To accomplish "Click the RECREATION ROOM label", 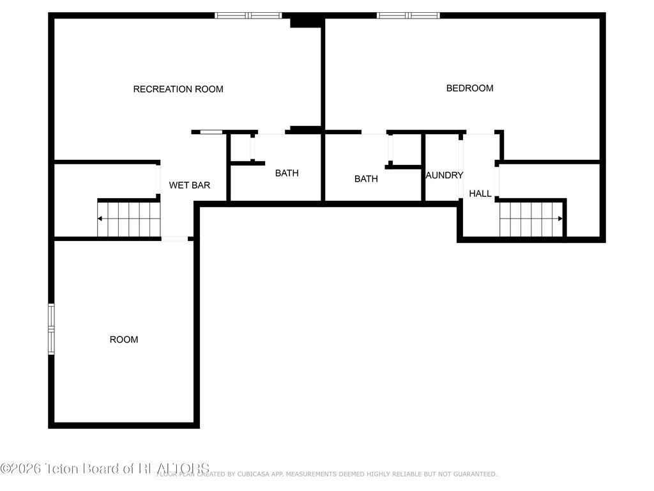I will coord(178,90).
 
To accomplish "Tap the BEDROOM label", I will coord(469,88).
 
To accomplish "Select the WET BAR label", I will coord(190,185).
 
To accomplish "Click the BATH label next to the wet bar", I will coord(287,173).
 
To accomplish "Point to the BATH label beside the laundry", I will coord(366,179).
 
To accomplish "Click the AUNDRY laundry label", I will coord(444,175).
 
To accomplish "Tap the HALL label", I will coord(480,194).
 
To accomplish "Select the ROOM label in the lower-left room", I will coord(124,339).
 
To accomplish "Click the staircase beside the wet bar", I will coord(128,219).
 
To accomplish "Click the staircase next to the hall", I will coord(531,219).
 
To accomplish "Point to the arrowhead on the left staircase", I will coord(100,219).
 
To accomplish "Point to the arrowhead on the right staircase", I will coord(561,219).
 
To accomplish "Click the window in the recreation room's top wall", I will coord(248,15).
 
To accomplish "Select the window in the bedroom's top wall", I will coord(408,15).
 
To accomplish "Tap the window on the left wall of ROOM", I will coord(51,328).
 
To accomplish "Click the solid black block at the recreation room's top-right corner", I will coord(305,22).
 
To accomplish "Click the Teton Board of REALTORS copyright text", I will coord(105,468).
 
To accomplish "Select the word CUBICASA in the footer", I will coord(238,474).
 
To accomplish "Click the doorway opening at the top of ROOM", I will coord(174,238).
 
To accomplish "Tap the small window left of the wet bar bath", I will coord(211,132).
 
